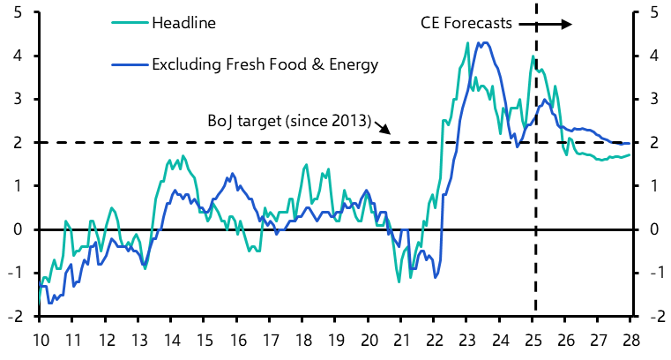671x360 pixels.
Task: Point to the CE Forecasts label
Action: pos(466,23)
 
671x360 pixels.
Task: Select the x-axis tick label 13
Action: pos(138,341)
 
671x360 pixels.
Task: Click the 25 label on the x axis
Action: pos(535,341)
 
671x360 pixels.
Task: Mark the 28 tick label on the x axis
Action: pos(632,341)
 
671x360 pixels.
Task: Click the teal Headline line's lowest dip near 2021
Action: pos(399,281)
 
